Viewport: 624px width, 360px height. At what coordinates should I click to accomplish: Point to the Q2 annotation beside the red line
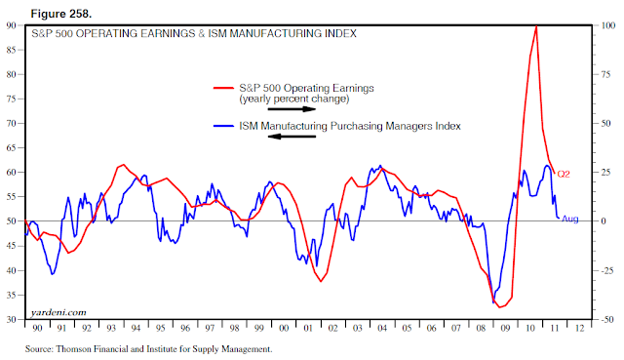click(563, 174)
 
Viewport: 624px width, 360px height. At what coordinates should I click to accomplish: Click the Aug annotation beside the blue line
click(570, 219)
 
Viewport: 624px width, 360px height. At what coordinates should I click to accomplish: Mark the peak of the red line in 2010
click(536, 26)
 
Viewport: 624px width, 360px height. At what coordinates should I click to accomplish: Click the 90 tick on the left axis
click(11, 24)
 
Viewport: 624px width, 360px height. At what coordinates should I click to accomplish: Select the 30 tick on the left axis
click(11, 319)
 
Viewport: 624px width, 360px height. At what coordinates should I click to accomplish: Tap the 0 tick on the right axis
click(605, 220)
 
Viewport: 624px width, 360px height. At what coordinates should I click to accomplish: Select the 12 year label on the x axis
click(580, 329)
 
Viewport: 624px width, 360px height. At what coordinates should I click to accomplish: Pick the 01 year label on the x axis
click(309, 329)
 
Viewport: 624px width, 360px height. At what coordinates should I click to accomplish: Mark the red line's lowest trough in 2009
click(501, 307)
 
